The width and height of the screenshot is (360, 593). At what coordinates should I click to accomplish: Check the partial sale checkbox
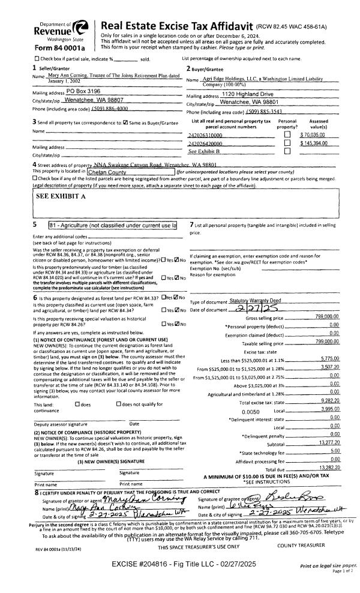(37, 58)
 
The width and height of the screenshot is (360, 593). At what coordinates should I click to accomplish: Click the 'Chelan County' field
(120, 171)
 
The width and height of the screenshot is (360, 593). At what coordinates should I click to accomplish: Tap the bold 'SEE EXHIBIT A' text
(61, 196)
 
